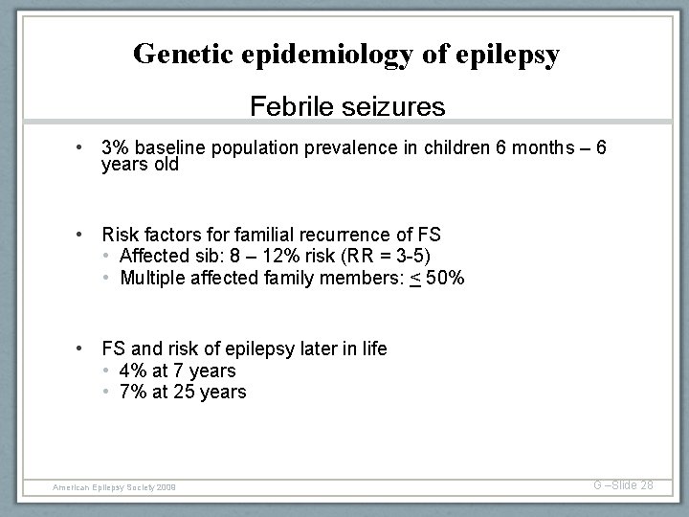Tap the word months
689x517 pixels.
coord(527,149)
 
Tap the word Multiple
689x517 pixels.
coord(153,277)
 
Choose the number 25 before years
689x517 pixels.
coord(185,392)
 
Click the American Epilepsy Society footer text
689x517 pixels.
coord(121,487)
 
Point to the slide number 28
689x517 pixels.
coord(646,485)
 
